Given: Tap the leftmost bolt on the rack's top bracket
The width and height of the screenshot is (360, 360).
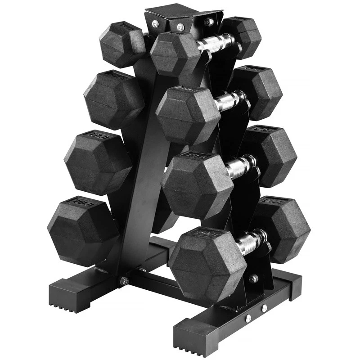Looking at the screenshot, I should tap(155, 23).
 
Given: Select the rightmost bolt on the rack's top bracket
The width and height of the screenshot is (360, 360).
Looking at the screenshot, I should tap(209, 21).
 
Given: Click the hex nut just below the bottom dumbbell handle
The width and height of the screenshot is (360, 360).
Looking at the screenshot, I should tap(253, 279).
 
